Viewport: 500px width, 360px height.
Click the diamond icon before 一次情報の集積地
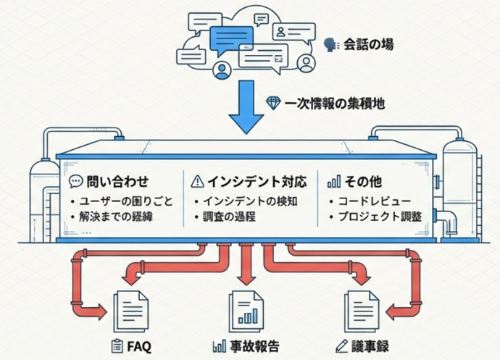coord(273,103)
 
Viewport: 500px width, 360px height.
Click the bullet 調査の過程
coord(231,217)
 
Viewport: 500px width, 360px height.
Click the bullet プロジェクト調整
coord(380,217)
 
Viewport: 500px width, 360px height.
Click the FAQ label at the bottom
coord(138,346)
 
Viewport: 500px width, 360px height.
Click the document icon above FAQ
coord(132,309)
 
